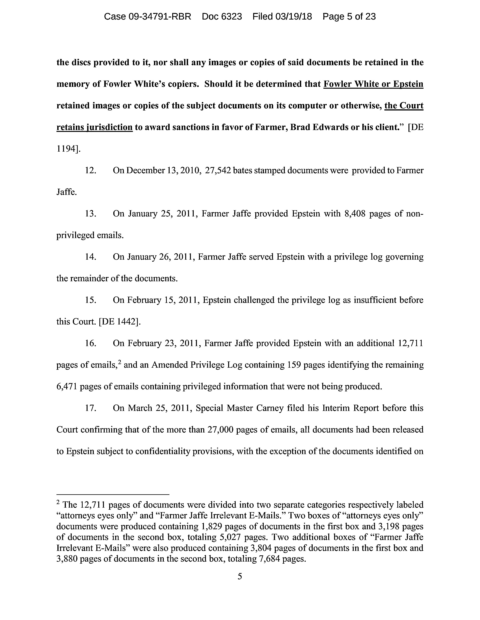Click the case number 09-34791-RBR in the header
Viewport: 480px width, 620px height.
pyautogui.click(x=160, y=17)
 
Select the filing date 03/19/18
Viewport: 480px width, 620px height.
pyautogui.click(x=293, y=17)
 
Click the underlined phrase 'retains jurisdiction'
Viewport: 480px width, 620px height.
pyautogui.click(x=94, y=127)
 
